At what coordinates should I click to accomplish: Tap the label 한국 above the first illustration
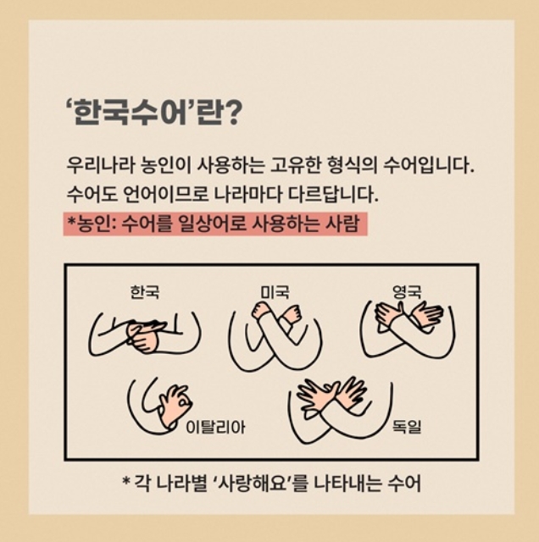[x=145, y=291]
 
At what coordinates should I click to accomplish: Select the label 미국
[x=275, y=291]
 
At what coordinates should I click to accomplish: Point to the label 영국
[x=407, y=291]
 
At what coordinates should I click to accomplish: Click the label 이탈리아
[x=215, y=428]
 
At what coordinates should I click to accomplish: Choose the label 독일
[x=407, y=426]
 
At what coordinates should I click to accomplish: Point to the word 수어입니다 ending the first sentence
[x=428, y=166]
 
